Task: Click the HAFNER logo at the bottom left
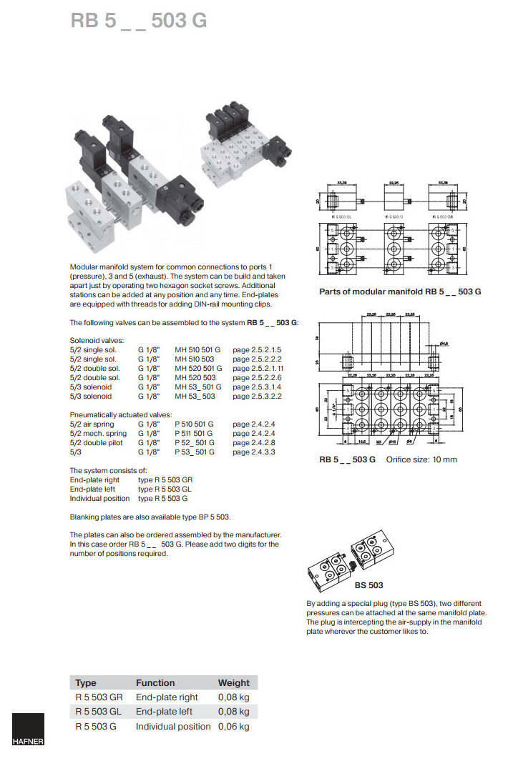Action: [28, 730]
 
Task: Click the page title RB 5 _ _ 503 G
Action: [139, 21]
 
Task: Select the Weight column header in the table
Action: [234, 682]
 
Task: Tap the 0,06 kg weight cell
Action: [234, 726]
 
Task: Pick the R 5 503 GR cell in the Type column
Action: [99, 697]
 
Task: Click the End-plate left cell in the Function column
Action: [164, 712]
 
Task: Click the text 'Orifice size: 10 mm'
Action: [421, 459]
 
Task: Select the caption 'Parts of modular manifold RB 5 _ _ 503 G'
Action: [400, 292]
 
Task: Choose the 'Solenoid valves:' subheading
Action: [97, 341]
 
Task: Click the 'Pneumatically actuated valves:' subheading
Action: [121, 415]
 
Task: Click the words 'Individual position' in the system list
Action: [99, 499]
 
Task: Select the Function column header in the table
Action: [155, 682]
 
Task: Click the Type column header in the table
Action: [86, 682]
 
